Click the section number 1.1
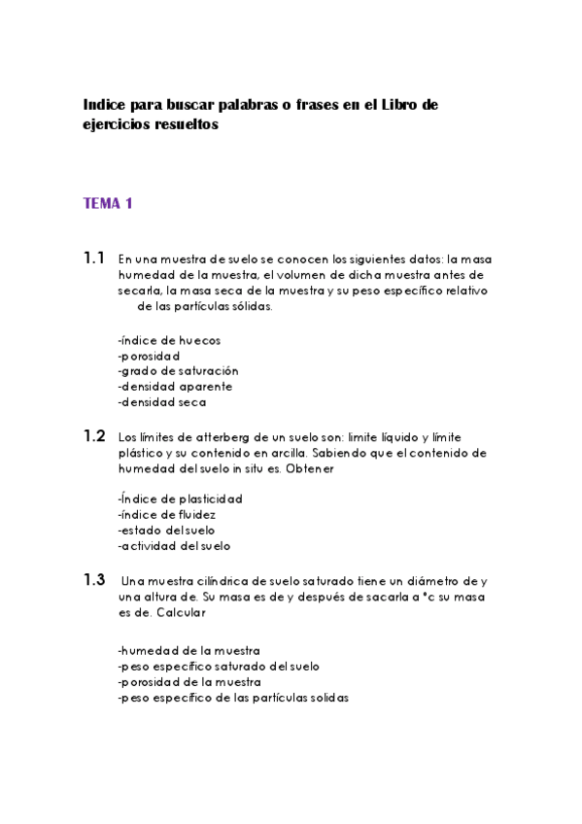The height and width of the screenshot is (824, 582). (94, 258)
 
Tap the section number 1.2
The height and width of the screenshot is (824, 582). (94, 436)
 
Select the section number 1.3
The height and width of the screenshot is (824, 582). (94, 580)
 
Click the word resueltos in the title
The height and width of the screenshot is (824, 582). (184, 125)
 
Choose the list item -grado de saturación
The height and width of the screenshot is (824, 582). (178, 371)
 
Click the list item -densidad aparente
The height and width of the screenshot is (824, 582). (175, 387)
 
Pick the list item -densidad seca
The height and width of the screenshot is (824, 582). (161, 402)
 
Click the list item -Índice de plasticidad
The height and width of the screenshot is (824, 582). (180, 498)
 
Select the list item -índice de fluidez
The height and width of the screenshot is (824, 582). (166, 514)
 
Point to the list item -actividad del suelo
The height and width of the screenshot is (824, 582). (174, 545)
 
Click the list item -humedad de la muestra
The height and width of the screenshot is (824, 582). (188, 651)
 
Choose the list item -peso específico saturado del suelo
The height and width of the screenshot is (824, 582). (219, 667)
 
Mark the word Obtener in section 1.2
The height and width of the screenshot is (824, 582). (336, 468)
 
